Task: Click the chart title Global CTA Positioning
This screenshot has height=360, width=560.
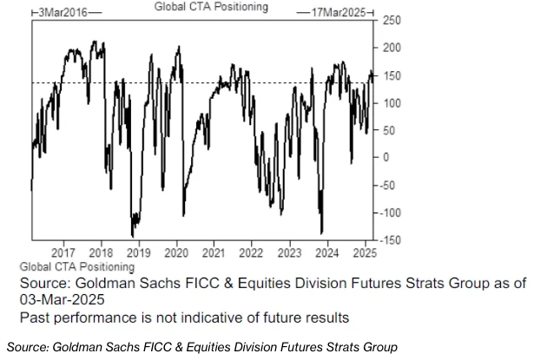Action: click(211, 7)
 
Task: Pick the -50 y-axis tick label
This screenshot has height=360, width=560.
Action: click(387, 185)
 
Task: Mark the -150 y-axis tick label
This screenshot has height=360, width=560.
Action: click(390, 239)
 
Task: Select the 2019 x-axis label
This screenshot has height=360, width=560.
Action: click(140, 252)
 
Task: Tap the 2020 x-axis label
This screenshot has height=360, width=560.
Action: click(176, 252)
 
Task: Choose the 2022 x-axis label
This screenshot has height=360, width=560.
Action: click(251, 252)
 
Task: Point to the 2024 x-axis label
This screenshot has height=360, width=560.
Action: click(327, 252)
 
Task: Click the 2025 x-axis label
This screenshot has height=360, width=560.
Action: click(364, 252)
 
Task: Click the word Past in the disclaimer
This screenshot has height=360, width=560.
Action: click(37, 317)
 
